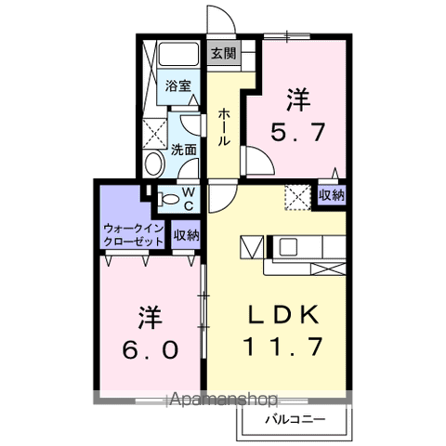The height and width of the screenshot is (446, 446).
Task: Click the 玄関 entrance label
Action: pos(222,53)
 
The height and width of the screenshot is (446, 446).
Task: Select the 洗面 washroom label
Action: pos(182,149)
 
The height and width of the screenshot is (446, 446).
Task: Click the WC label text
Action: pos(188,197)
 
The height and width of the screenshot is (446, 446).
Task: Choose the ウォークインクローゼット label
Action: pos(133,234)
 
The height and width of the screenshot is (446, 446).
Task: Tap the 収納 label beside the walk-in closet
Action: pos(186,235)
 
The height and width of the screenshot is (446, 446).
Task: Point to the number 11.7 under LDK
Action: pos(282,347)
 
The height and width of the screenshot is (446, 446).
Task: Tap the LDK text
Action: pos(282,314)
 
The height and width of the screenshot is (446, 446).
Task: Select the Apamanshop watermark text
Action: pos(223,401)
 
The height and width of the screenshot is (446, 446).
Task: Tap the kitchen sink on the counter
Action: pos(287,247)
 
